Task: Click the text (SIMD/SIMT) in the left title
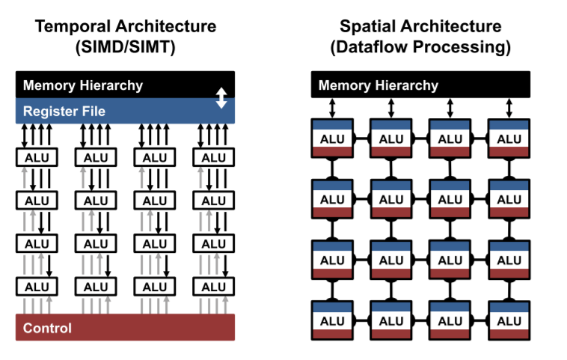point(126,47)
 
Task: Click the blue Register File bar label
point(64,112)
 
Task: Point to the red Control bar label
point(48,328)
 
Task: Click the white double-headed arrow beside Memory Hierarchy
point(221,97)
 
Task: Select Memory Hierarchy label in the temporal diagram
point(83,85)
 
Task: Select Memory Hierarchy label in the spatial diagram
point(378,85)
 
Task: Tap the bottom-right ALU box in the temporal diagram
point(214,287)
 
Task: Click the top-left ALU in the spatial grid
point(332,139)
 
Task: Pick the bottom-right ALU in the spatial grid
point(509,321)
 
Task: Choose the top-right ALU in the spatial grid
point(509,139)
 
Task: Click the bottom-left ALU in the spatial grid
point(332,321)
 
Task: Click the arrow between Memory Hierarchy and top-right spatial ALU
point(509,108)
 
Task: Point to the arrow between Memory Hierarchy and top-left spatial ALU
point(332,108)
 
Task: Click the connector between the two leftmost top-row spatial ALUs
point(361,139)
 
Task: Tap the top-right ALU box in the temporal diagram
point(214,158)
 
